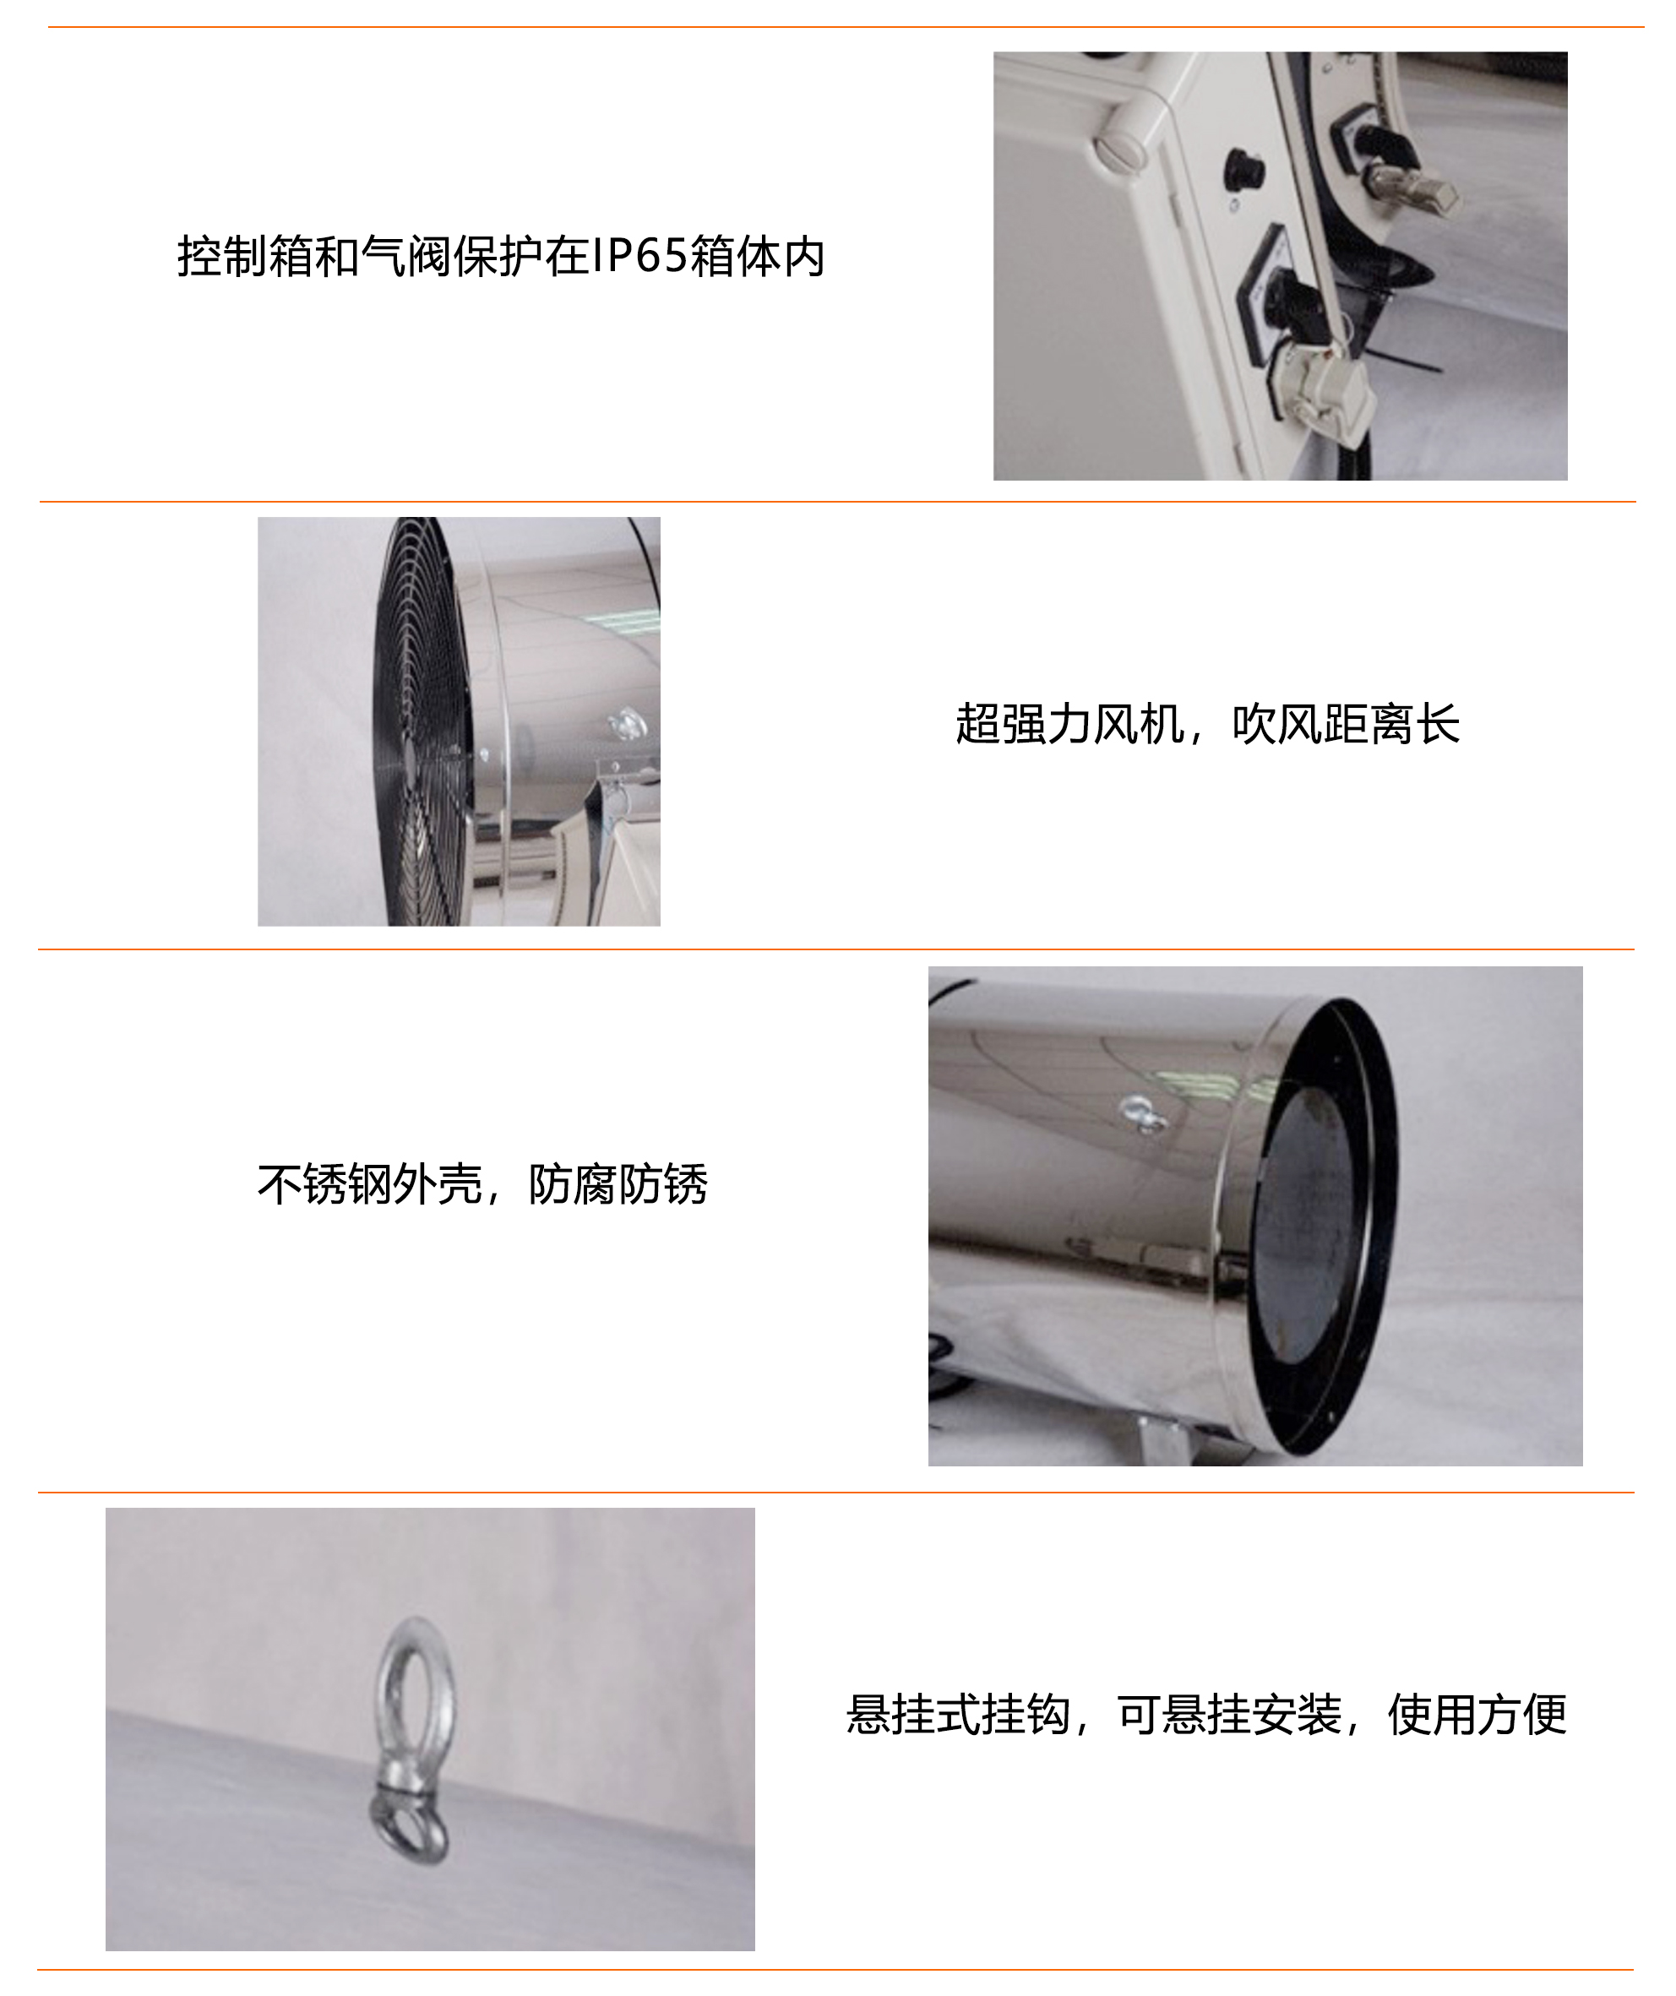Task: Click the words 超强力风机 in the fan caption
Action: pos(1069,724)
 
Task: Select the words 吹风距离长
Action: pos(1345,724)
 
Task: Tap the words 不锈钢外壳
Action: pos(370,1184)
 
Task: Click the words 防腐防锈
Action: pos(618,1184)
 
